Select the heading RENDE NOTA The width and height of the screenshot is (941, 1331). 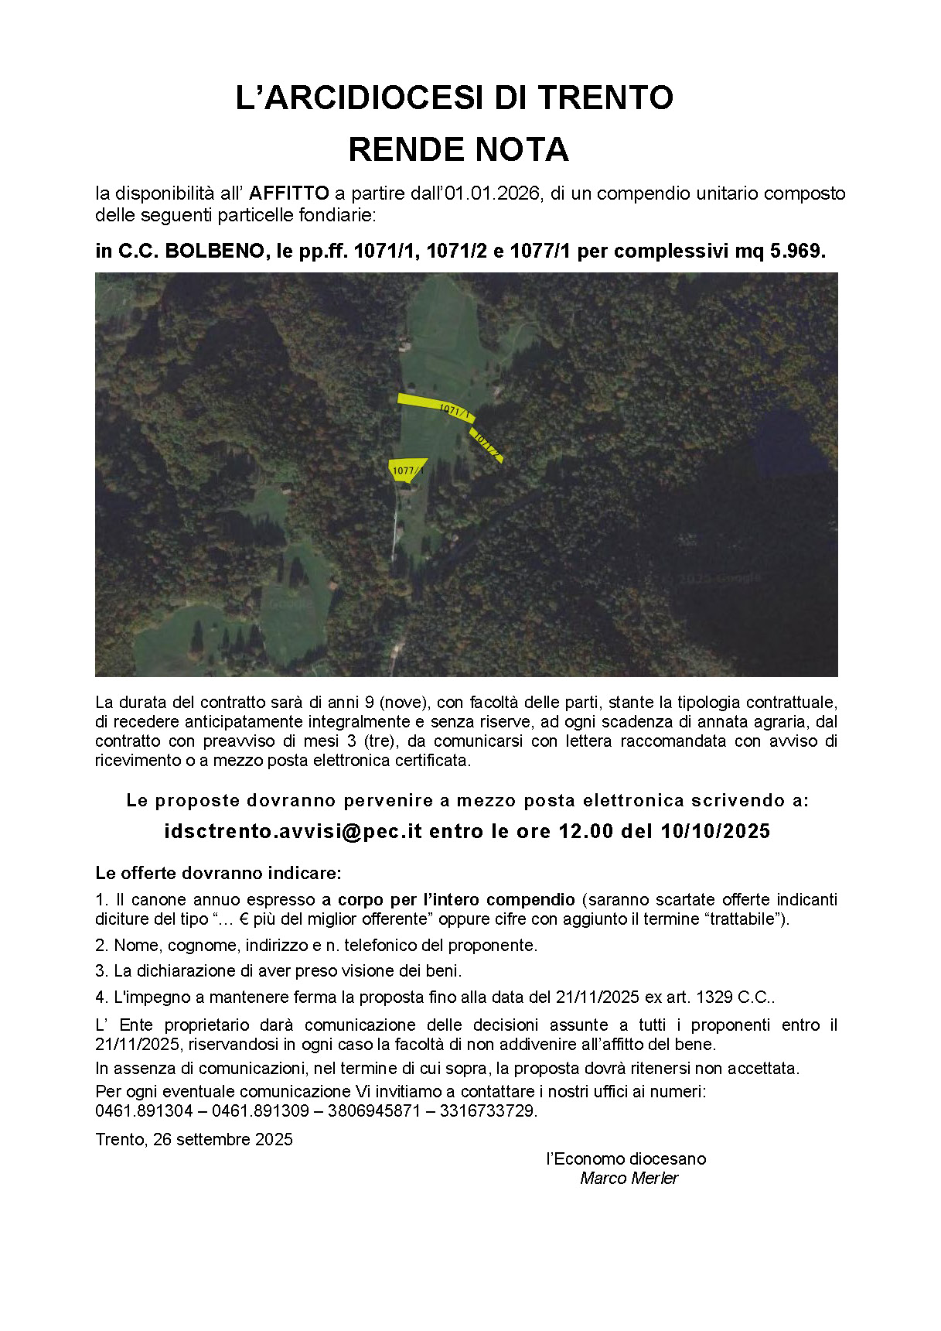[459, 149]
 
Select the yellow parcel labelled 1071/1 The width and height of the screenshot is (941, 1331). [433, 405]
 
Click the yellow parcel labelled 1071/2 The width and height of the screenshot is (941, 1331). [487, 444]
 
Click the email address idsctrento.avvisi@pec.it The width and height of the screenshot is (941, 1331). [293, 831]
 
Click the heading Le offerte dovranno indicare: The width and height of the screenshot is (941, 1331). [218, 874]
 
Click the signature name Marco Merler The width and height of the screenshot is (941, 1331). [629, 1179]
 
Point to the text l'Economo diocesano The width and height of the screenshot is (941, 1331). [626, 1159]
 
